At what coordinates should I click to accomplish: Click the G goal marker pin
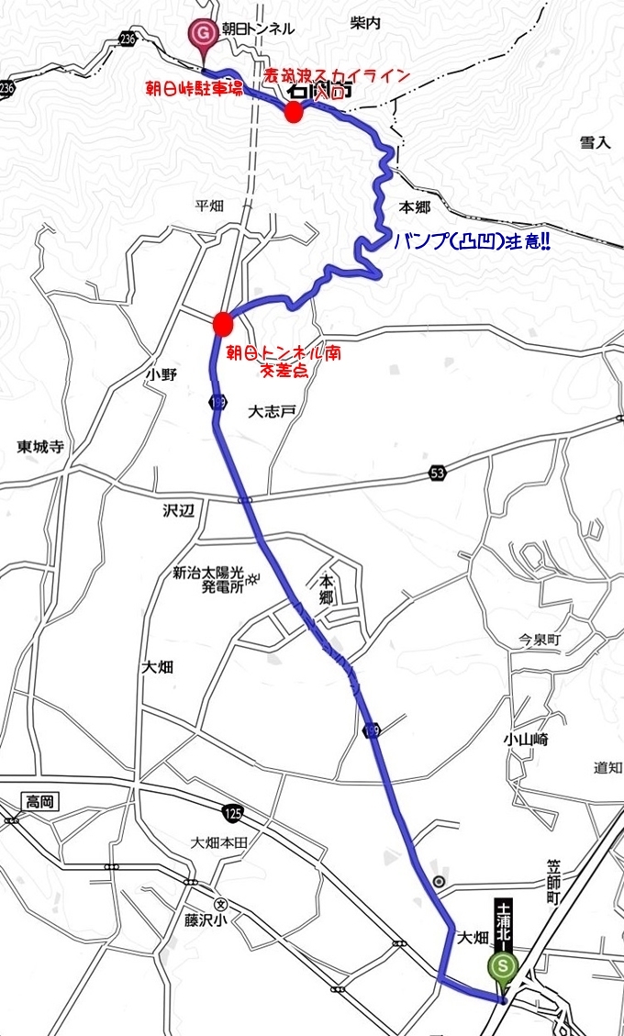202,35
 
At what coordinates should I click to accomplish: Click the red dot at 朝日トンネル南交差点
221,323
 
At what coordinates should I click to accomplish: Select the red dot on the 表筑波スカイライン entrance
293,113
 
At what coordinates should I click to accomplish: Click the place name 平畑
209,206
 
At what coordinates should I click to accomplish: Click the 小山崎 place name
525,739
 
